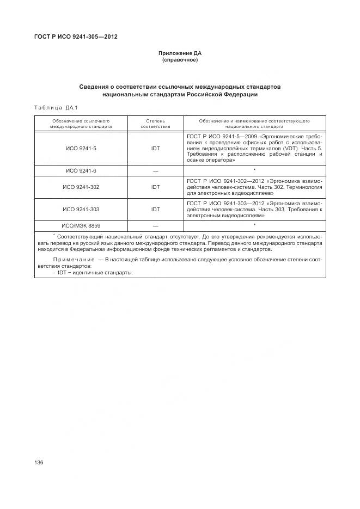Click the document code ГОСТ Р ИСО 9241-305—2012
coord(76,37)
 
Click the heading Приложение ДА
coord(180,53)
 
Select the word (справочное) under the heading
coord(180,60)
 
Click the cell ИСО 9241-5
coord(81,148)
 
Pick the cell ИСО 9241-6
coord(81,171)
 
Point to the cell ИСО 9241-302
coord(81,187)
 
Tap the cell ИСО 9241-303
coord(81,209)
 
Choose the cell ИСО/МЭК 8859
coord(81,225)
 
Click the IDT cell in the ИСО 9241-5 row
coord(155,148)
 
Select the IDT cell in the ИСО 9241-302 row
coord(155,187)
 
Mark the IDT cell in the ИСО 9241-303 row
coord(155,209)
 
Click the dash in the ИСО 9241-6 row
coord(155,171)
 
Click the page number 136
coord(39,462)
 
